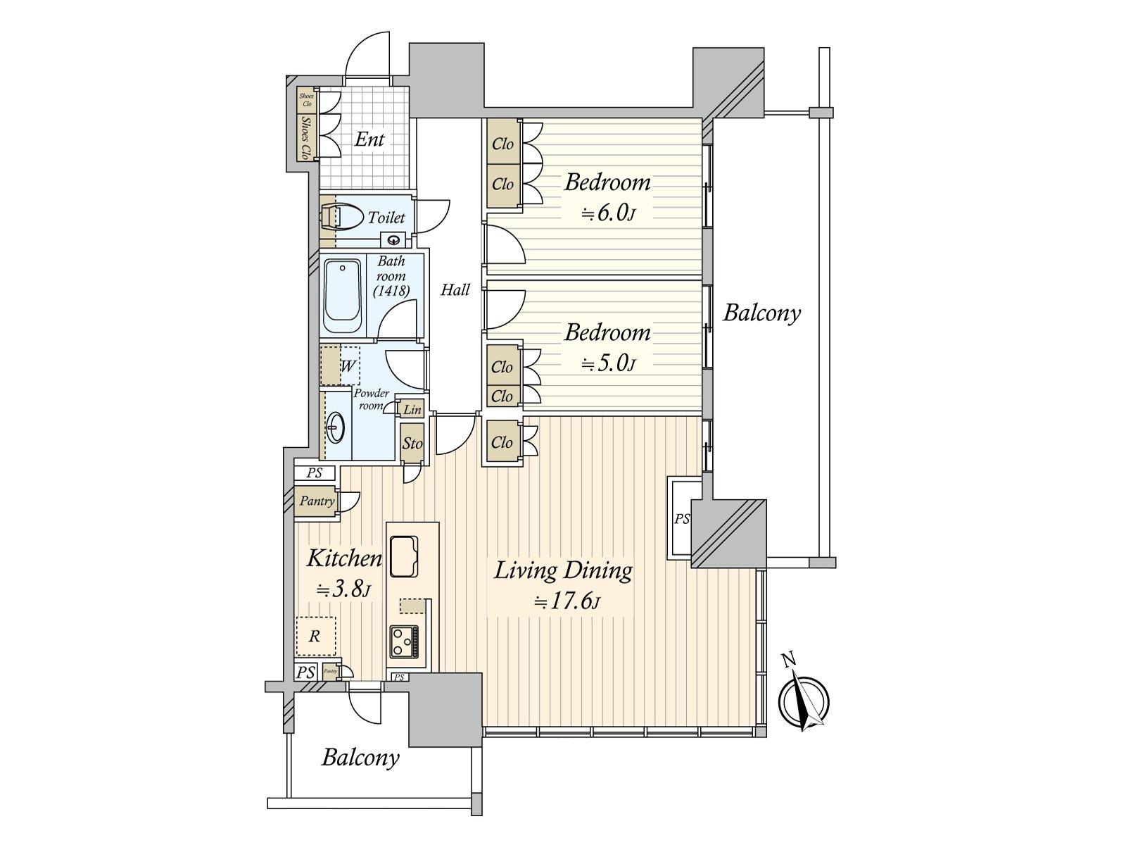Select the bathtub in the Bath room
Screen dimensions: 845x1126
pyautogui.click(x=342, y=297)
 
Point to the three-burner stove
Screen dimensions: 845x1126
pyautogui.click(x=404, y=641)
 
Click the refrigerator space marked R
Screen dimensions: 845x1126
pyautogui.click(x=315, y=637)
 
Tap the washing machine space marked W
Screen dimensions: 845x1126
pyautogui.click(x=341, y=365)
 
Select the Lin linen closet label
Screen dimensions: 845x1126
pyautogui.click(x=412, y=409)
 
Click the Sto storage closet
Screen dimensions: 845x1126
pyautogui.click(x=412, y=443)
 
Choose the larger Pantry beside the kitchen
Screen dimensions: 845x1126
pyautogui.click(x=317, y=501)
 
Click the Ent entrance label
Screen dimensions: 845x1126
pyautogui.click(x=369, y=139)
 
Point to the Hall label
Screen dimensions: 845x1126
pyautogui.click(x=455, y=289)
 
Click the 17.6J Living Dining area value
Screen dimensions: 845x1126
pyautogui.click(x=566, y=602)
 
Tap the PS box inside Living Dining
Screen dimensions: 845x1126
pyautogui.click(x=682, y=519)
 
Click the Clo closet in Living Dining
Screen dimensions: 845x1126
pyautogui.click(x=502, y=442)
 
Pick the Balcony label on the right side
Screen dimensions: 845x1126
pyautogui.click(x=762, y=312)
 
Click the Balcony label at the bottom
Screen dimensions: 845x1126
pyautogui.click(x=360, y=758)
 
